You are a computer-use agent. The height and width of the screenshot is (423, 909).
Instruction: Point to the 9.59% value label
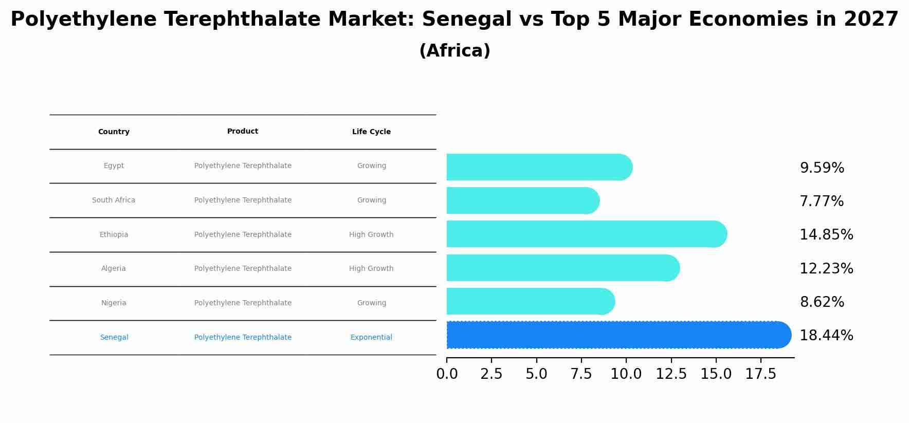822,168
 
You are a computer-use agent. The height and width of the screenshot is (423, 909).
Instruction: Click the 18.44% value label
826,336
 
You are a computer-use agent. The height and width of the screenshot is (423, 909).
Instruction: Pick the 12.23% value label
826,269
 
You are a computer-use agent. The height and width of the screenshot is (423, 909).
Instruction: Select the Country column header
114,132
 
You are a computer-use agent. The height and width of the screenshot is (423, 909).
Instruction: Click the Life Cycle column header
371,132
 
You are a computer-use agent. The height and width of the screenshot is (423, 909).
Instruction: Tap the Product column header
243,132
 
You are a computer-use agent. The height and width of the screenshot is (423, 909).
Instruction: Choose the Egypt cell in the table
114,166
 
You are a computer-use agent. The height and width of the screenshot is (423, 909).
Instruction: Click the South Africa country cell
114,200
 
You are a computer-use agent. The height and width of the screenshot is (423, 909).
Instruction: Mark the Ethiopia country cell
114,235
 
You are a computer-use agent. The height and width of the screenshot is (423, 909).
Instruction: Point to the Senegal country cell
114,338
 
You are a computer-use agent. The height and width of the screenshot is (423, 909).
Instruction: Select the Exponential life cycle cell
371,338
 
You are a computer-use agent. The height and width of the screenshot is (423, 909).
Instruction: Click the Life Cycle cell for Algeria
371,269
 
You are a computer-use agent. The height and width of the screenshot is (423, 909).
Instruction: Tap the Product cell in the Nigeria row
243,303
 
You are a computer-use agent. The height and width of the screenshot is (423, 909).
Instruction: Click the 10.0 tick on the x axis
626,374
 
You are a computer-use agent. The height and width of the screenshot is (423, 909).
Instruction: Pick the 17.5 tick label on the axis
761,374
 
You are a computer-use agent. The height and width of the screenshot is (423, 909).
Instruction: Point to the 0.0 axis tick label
447,374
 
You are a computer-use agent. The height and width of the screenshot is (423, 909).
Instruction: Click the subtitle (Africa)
454,51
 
